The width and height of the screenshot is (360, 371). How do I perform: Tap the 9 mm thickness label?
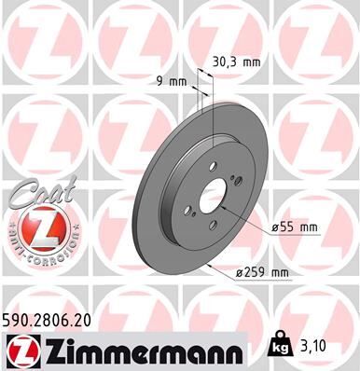[173, 82]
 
